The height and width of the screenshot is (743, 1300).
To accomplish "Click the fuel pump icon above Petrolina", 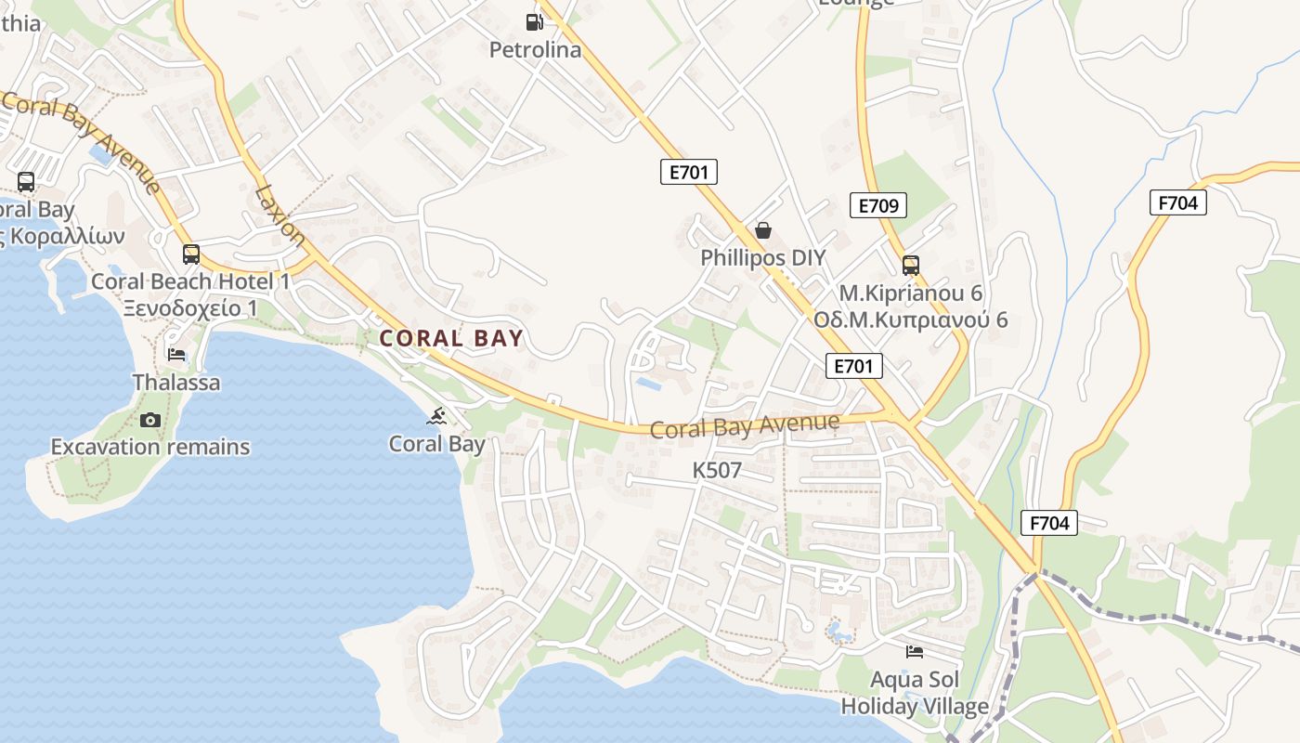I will [x=534, y=21].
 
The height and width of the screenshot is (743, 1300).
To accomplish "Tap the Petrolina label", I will [x=535, y=49].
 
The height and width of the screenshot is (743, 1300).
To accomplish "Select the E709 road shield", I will [x=877, y=205].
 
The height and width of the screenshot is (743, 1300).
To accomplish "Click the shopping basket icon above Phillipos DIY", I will [x=763, y=230].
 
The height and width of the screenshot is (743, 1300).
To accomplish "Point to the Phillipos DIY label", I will [x=763, y=257].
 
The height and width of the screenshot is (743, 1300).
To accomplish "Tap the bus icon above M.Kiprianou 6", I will [x=910, y=266].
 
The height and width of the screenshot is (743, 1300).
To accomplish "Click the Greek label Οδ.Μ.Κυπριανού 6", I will [x=910, y=320].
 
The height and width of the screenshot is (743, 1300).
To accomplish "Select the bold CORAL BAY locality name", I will [x=452, y=339].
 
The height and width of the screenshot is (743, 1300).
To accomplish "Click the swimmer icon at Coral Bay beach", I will [x=437, y=417].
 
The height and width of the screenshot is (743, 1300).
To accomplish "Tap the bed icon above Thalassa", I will [x=176, y=355].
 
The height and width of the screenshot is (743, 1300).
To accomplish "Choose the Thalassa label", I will [x=176, y=382].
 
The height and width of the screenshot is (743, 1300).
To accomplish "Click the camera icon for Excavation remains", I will [x=150, y=421].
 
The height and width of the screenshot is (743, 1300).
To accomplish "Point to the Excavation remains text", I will [x=150, y=447].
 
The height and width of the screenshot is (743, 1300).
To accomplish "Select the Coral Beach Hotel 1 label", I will [x=190, y=281].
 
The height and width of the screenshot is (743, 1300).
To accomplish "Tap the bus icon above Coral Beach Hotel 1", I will [x=191, y=254].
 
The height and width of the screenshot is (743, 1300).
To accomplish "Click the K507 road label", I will [x=717, y=471].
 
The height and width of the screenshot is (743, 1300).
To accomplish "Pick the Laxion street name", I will [x=279, y=216].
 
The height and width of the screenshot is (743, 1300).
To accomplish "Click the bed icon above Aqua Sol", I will [x=915, y=652].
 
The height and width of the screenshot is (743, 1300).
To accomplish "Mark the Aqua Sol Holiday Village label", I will [x=915, y=693].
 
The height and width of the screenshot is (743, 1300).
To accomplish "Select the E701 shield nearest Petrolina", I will [x=689, y=172].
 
